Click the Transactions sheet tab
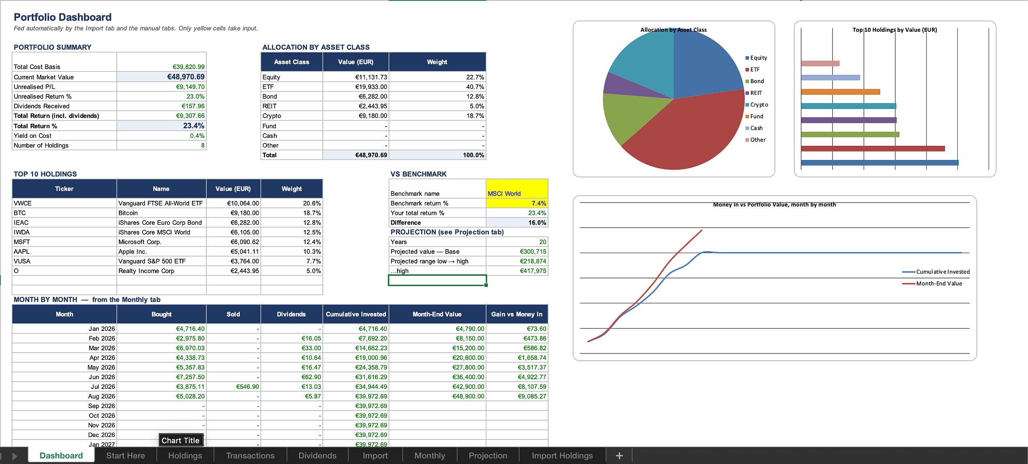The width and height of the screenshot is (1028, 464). (250, 456)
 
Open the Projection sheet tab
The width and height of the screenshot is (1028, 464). (488, 456)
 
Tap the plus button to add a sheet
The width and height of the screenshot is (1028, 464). (619, 456)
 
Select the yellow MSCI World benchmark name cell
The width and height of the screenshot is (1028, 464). (517, 189)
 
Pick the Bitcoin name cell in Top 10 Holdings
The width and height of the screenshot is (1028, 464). (161, 213)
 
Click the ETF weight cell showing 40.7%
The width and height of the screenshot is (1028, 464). (437, 87)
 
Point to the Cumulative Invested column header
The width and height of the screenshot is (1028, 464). (356, 314)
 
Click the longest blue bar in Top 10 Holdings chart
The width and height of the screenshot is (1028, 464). (880, 163)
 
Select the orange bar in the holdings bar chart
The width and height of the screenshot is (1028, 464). (840, 92)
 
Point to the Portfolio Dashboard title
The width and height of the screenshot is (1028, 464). (63, 17)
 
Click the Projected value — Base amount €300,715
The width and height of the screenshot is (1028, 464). (533, 251)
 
